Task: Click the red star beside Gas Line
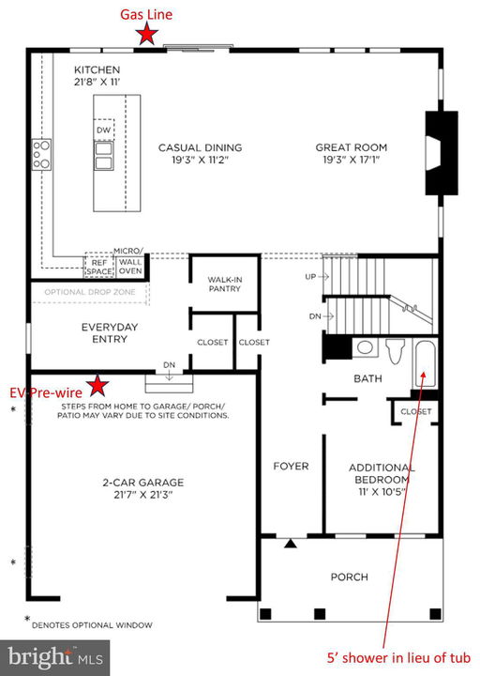tap(147, 34)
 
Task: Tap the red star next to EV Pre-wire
tap(97, 386)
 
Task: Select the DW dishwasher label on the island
tap(104, 130)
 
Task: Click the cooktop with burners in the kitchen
tap(42, 154)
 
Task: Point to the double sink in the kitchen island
tap(104, 156)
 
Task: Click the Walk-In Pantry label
tap(225, 284)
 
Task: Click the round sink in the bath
tap(365, 347)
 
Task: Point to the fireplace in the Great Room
tap(442, 153)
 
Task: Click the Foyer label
tap(291, 466)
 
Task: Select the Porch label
tap(349, 576)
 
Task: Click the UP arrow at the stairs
tap(323, 277)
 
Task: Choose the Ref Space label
tap(99, 267)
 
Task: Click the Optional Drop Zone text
tap(90, 292)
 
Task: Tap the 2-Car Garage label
tap(142, 488)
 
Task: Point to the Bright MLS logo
tap(55, 657)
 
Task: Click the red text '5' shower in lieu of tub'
tap(398, 658)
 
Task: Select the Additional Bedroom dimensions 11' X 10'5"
tap(382, 491)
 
